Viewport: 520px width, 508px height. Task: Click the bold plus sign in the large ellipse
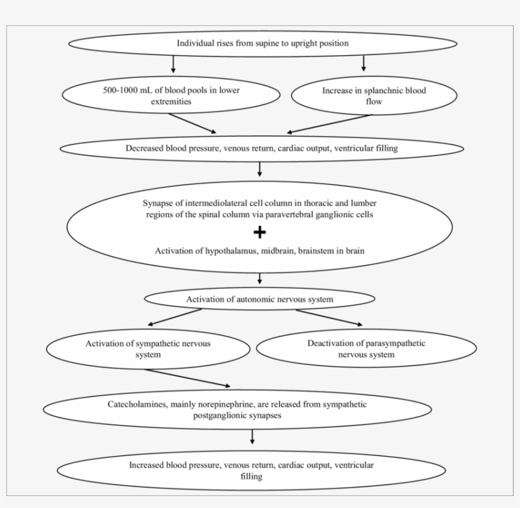259,232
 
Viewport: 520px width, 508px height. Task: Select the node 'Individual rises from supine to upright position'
263,44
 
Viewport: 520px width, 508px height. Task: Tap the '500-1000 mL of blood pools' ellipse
171,96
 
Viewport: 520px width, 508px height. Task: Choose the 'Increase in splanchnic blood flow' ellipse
374,96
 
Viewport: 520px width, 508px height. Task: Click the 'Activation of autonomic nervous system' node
259,299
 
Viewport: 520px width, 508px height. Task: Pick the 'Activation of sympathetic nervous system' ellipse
148,349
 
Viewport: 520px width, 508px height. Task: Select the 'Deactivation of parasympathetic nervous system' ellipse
366,349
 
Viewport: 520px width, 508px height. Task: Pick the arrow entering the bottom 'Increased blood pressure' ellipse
252,436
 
